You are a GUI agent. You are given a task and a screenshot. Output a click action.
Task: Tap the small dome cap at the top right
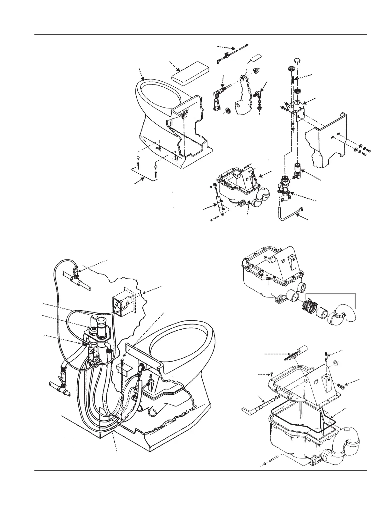tap(297, 61)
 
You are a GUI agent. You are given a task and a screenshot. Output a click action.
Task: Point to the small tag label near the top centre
tap(256, 59)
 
